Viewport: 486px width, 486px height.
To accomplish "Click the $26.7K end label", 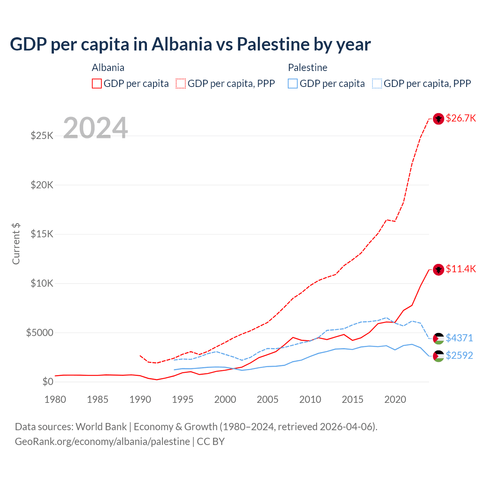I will pyautogui.click(x=461, y=118).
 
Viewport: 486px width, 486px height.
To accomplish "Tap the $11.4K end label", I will pyautogui.click(x=461, y=269).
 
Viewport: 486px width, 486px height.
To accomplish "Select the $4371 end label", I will pyautogui.click(x=459, y=338).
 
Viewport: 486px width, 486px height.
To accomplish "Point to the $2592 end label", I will pyautogui.click(x=459, y=355).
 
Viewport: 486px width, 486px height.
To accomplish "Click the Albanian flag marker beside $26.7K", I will pyautogui.click(x=439, y=119).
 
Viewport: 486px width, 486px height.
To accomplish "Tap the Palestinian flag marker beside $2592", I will pyautogui.click(x=439, y=356).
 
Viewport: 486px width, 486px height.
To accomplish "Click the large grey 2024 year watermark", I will pyautogui.click(x=95, y=128).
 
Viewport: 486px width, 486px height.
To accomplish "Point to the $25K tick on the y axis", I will pyautogui.click(x=42, y=136).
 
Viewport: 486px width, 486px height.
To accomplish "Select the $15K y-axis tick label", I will pyautogui.click(x=42, y=234).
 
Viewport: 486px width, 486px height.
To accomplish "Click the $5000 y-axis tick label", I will pyautogui.click(x=39, y=333).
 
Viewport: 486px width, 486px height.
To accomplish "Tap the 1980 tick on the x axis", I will pyautogui.click(x=55, y=399).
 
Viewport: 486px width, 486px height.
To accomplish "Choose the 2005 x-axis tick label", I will pyautogui.click(x=268, y=399).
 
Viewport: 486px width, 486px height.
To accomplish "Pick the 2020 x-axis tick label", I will pyautogui.click(x=395, y=399).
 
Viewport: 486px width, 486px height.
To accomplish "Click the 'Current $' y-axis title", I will pyautogui.click(x=16, y=244).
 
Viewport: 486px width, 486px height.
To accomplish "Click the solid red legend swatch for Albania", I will pyautogui.click(x=97, y=84).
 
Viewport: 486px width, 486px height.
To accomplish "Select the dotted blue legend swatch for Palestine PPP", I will pyautogui.click(x=377, y=84).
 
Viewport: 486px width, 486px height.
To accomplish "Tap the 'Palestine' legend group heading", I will pyautogui.click(x=308, y=68).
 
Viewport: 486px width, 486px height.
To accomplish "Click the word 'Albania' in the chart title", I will pyautogui.click(x=182, y=44).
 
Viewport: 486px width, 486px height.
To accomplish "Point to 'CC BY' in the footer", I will pyautogui.click(x=211, y=442).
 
